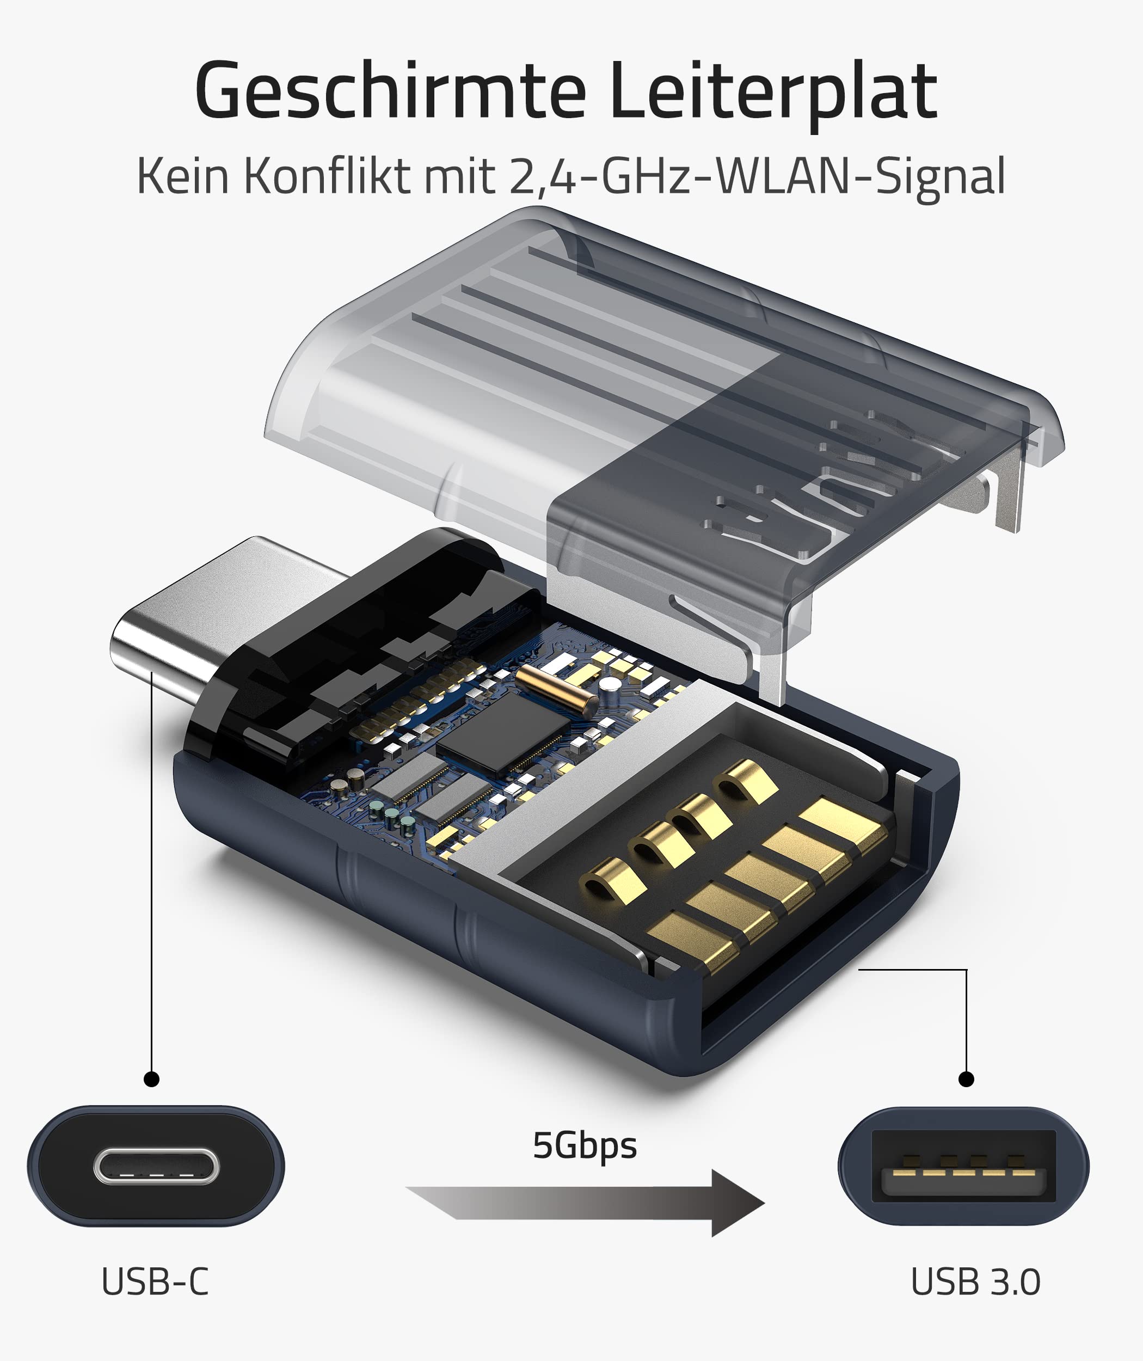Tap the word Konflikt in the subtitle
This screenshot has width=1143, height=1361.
[x=327, y=176]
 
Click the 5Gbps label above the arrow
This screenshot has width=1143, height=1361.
[x=585, y=1146]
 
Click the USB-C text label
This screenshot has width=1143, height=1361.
[x=156, y=1282]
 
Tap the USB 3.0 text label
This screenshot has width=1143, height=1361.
[x=975, y=1282]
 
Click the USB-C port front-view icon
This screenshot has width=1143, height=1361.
[x=156, y=1167]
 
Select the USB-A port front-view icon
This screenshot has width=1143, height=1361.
[x=963, y=1167]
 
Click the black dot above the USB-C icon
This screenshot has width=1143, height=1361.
[x=152, y=1079]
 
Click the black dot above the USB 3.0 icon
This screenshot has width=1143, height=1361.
[x=966, y=1079]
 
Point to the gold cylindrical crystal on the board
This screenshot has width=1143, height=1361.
[x=556, y=686]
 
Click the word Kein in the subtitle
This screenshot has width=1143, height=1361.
[x=183, y=176]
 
